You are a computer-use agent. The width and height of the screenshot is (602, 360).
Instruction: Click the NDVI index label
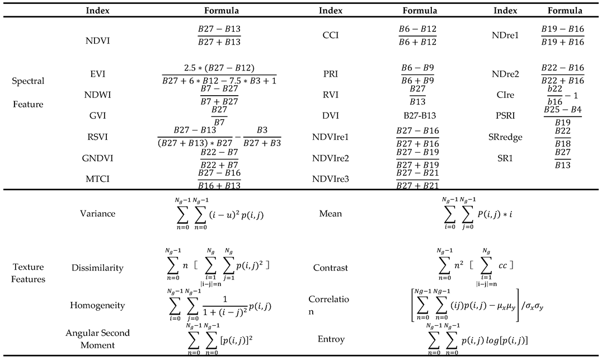[97, 35]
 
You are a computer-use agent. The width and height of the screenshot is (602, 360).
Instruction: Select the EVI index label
[97, 73]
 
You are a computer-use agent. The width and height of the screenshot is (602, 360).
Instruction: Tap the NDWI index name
[97, 95]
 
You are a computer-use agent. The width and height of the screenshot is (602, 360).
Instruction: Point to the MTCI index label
[97, 179]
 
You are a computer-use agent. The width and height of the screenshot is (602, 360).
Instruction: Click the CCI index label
[331, 35]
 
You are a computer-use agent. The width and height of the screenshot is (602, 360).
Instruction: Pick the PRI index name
[331, 73]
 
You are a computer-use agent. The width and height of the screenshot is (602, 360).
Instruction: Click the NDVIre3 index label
[331, 179]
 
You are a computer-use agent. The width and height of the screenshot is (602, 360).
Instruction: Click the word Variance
[97, 213]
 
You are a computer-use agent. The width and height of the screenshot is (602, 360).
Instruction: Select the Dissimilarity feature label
[97, 268]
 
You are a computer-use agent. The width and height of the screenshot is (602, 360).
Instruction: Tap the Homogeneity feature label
[97, 305]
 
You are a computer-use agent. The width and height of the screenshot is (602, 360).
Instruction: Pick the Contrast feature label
[331, 268]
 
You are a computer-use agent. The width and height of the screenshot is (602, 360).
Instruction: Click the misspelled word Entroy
[331, 339]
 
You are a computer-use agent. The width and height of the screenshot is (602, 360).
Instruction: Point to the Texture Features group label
[29, 273]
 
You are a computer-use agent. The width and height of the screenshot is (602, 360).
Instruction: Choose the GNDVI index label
[97, 158]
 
